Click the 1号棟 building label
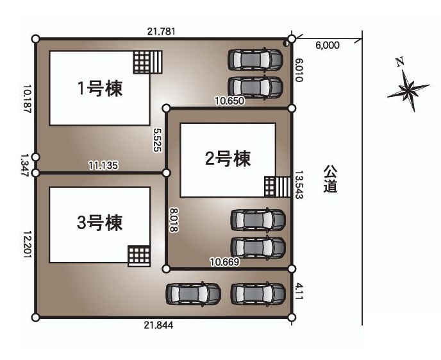100,89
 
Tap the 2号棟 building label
227,159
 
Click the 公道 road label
330,179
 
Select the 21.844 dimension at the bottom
158,325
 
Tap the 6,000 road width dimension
328,46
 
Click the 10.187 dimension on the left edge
26,99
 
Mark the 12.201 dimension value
26,244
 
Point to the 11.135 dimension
101,165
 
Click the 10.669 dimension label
224,261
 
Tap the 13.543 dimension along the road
299,185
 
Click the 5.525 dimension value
156,139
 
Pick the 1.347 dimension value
25,164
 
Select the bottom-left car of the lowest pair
193,294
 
